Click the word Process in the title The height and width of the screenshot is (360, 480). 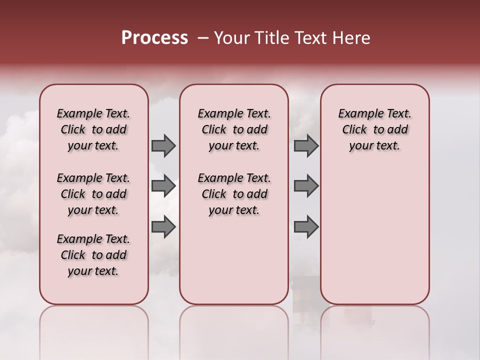pos(154,38)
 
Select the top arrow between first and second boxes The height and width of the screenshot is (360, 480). pos(163,145)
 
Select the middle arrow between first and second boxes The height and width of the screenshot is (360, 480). pos(163,186)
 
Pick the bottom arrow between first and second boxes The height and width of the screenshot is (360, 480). pos(163,226)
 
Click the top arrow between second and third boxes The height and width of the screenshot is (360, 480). pos(306,145)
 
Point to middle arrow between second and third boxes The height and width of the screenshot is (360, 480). pos(306,186)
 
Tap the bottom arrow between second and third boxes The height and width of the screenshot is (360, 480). pos(306,226)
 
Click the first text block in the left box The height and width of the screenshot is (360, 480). pos(93,129)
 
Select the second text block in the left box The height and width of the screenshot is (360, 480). pos(93,194)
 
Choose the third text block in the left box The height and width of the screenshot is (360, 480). pos(93,255)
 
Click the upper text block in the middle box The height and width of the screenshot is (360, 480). pos(234,129)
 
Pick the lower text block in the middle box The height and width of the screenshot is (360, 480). pos(234,194)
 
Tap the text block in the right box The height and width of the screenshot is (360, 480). pos(374,129)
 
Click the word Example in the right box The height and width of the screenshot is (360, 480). pos(357,114)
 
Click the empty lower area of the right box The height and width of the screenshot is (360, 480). pos(374,230)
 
